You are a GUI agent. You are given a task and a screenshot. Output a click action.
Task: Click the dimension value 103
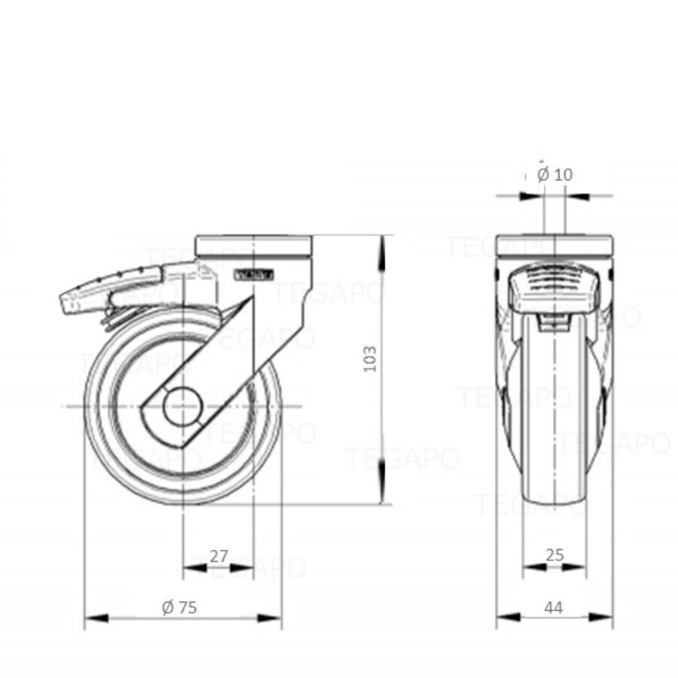click(369, 364)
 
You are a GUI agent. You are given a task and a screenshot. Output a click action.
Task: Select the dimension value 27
click(218, 557)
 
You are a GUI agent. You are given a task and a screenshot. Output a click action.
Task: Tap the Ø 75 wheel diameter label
click(179, 607)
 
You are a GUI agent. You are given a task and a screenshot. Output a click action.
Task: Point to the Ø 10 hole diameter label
click(555, 175)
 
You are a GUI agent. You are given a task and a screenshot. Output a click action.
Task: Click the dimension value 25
click(554, 556)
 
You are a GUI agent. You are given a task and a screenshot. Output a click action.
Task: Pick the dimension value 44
click(554, 607)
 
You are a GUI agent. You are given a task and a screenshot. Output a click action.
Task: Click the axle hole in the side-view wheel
click(183, 408)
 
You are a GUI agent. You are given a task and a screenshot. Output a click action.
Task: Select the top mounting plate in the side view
click(253, 246)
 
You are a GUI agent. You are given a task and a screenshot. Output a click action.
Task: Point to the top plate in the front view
click(554, 246)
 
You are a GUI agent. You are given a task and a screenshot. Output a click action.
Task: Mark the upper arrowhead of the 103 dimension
click(383, 247)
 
